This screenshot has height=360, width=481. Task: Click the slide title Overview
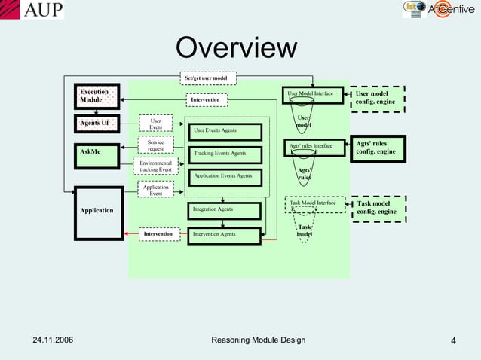(x=237, y=48)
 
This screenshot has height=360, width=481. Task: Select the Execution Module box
(x=98, y=96)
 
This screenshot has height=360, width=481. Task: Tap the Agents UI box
(x=98, y=123)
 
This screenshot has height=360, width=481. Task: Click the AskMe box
(x=98, y=153)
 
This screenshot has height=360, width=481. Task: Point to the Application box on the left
(x=98, y=212)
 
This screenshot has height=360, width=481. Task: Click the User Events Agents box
(x=224, y=131)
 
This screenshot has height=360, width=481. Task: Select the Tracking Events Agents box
(x=224, y=154)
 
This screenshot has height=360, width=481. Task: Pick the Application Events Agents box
(x=224, y=176)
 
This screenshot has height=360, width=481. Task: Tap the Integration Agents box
(x=224, y=209)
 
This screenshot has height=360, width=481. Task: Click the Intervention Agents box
(x=224, y=234)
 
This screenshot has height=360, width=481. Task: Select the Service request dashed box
(x=155, y=145)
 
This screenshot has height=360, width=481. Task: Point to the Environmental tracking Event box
(x=155, y=166)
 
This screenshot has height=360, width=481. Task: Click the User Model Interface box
(x=311, y=93)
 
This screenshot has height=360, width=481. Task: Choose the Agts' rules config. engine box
(x=378, y=148)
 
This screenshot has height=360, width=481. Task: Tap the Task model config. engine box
(x=378, y=208)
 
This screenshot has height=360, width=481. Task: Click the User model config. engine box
(x=378, y=99)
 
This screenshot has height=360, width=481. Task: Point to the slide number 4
(x=454, y=342)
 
